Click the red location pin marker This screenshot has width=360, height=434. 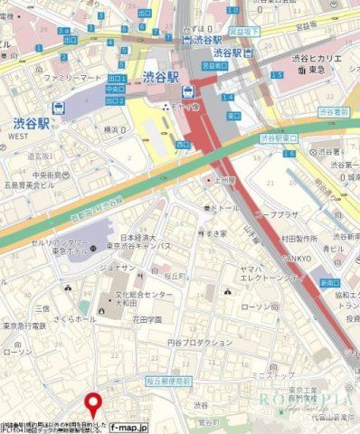pos(92,403)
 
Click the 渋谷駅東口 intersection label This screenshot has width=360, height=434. pos(279,138)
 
